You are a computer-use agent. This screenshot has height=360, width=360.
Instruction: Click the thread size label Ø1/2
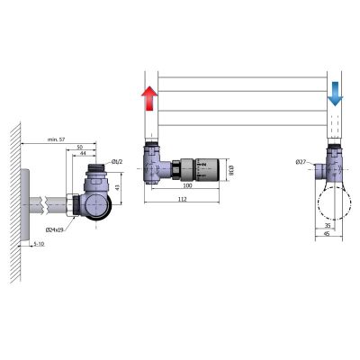(116, 162)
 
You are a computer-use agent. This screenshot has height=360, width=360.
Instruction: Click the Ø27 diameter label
(301, 162)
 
